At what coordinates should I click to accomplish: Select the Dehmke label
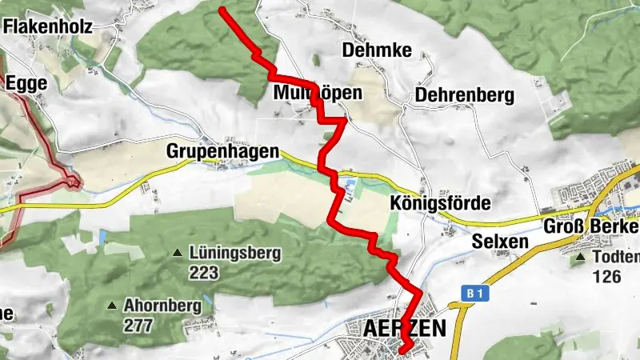click(x=376, y=51)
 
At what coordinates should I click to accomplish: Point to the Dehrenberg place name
click(x=463, y=95)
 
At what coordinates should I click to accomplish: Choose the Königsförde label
click(x=441, y=203)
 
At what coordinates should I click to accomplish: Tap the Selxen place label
click(x=500, y=242)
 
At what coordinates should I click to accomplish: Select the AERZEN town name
click(x=404, y=329)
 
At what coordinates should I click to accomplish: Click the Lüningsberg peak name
click(x=236, y=254)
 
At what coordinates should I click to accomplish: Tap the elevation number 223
click(x=205, y=273)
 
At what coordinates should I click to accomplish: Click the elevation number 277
click(x=139, y=326)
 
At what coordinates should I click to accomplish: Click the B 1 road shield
click(x=474, y=294)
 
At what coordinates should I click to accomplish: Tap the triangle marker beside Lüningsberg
click(x=178, y=254)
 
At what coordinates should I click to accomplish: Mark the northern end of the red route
click(x=222, y=10)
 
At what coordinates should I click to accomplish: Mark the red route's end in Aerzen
click(x=405, y=347)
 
